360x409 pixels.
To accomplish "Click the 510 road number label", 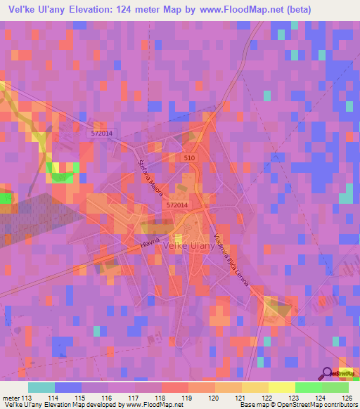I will click(188, 159).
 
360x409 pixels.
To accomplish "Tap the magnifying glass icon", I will click(326, 372).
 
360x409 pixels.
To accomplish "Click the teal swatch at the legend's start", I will click(41, 387).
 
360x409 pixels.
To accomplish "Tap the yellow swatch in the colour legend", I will click(255, 387).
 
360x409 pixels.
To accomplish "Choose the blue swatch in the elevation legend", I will click(68, 387).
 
